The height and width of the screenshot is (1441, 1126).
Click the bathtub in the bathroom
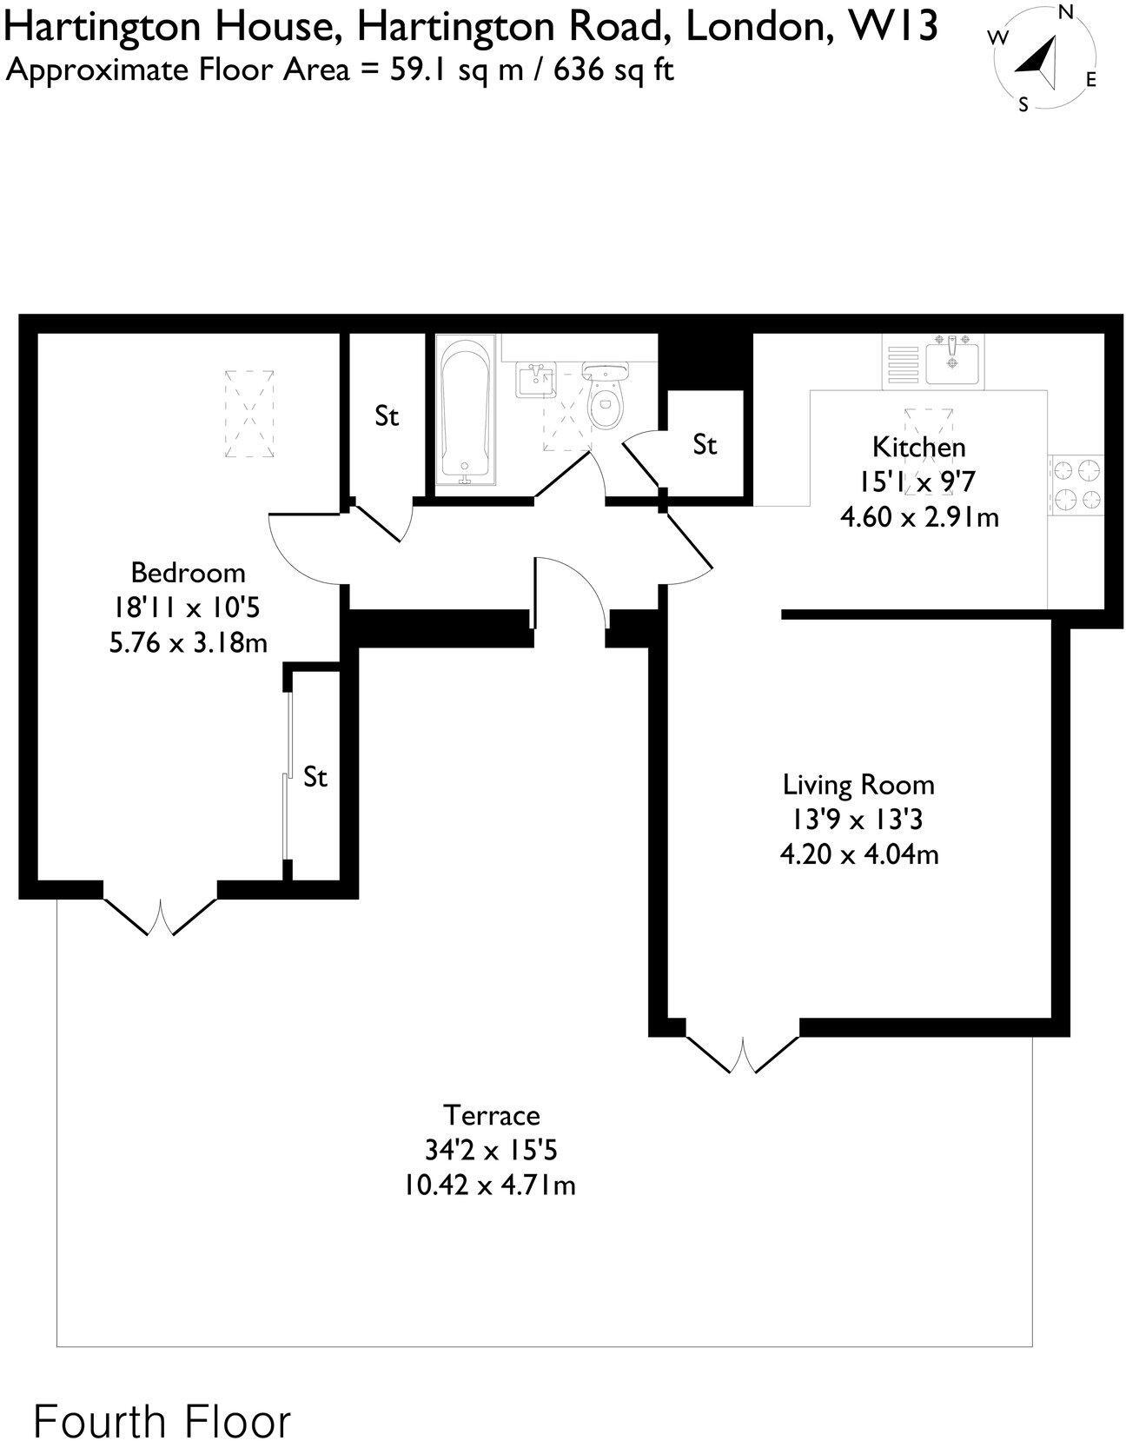[465, 413]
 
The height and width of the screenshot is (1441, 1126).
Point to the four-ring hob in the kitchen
[1076, 485]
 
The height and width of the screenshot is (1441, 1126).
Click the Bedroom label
[188, 573]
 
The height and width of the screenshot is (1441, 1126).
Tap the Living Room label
[858, 785]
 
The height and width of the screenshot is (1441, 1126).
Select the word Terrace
[491, 1115]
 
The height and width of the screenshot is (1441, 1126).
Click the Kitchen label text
[918, 447]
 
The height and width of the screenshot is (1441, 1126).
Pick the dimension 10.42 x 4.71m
[489, 1185]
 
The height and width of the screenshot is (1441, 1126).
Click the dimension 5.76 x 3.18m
[188, 643]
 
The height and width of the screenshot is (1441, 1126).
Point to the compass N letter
[1066, 12]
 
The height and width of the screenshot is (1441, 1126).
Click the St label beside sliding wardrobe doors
[315, 776]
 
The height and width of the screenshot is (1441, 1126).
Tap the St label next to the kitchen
[705, 445]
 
